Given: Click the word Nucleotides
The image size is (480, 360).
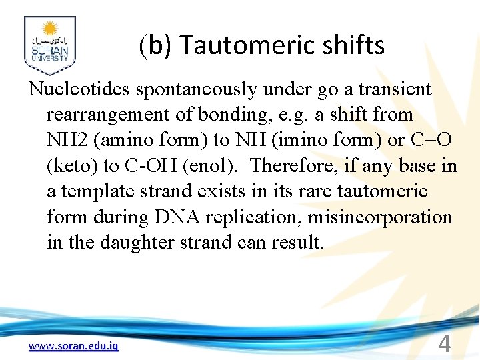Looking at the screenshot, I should click(78, 89).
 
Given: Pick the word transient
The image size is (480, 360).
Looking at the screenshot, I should click(395, 89).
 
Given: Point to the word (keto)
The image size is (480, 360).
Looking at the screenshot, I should click(71, 166).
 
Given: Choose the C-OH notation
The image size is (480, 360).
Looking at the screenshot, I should click(145, 166).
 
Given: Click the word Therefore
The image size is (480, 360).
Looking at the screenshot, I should click(291, 166).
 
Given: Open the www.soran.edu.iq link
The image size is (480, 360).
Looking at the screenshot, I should click(73, 346).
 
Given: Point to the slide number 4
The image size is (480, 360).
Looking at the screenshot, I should click(445, 344).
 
